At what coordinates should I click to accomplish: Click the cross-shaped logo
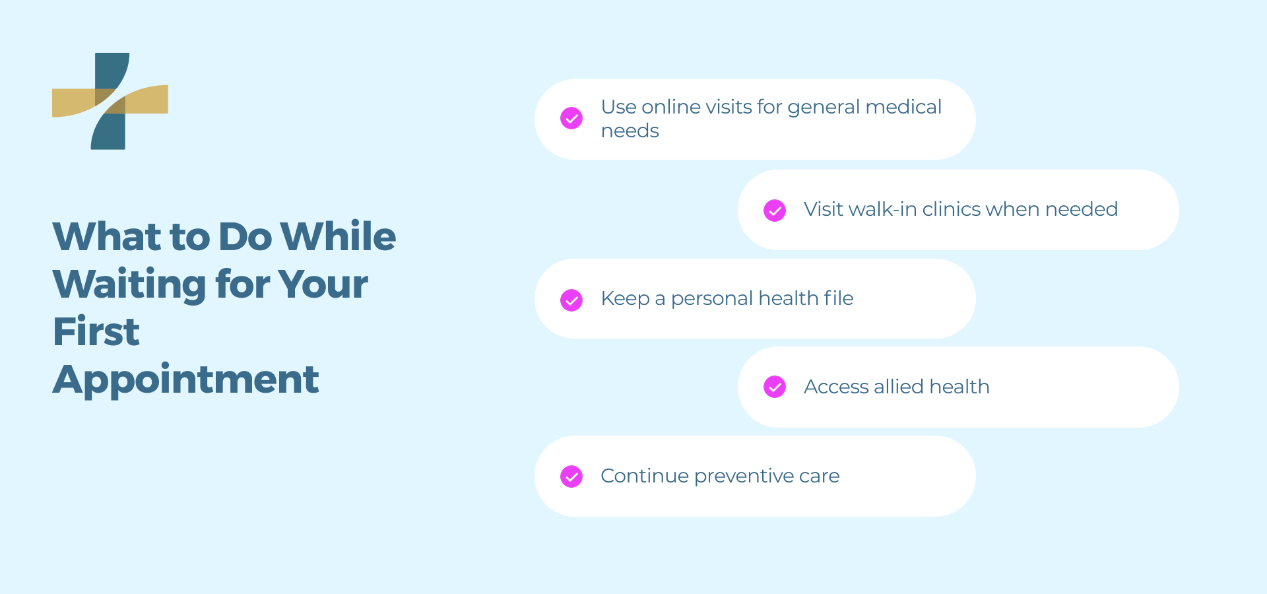tap(110, 101)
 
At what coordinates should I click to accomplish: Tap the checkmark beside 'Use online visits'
tap(571, 118)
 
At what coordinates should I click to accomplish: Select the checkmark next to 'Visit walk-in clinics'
tap(775, 211)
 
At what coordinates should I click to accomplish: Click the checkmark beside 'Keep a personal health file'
tap(571, 300)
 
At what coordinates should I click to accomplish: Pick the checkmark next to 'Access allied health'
tap(775, 387)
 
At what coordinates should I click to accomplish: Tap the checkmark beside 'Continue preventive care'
tap(571, 477)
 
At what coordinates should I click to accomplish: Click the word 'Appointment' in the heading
tap(186, 380)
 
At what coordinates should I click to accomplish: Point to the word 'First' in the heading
tap(96, 331)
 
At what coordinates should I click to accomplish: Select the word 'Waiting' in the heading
tap(129, 285)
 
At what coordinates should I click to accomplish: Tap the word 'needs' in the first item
tap(630, 131)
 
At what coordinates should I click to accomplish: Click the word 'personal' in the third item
tap(712, 299)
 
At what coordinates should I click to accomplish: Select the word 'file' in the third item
tap(838, 298)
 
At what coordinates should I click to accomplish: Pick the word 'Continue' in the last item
tap(645, 476)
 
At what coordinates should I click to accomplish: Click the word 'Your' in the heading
tap(323, 285)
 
